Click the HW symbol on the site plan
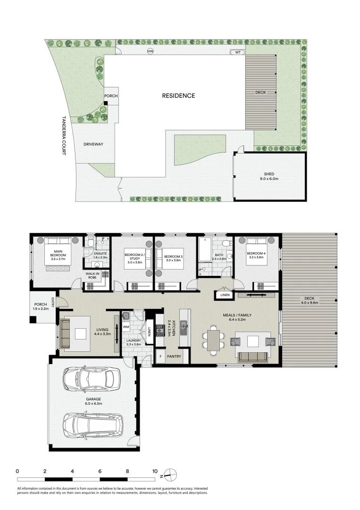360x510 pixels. (151, 51)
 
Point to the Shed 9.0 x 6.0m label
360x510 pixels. (270, 176)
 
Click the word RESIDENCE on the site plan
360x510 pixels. (178, 96)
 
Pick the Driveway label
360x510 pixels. (93, 144)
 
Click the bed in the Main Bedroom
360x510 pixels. (58, 255)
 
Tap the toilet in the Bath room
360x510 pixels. (226, 244)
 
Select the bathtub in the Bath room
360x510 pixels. (204, 251)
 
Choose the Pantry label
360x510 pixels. (174, 357)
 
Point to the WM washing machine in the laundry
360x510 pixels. (126, 326)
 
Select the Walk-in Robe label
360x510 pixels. (92, 275)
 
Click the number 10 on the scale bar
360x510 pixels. (155, 471)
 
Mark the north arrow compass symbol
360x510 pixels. (170, 474)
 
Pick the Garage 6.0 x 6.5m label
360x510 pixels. (93, 401)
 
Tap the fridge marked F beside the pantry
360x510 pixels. (160, 357)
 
